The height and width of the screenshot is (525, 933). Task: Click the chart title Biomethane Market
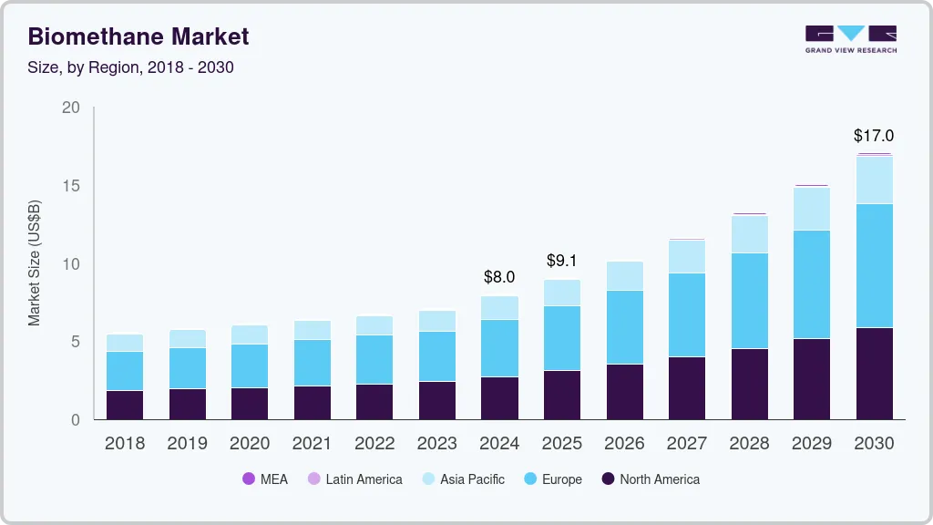pos(138,36)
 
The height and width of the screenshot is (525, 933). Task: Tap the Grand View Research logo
pos(851,38)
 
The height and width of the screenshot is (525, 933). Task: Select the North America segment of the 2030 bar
pos(874,374)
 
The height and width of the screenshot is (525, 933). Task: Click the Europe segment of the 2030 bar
pos(874,265)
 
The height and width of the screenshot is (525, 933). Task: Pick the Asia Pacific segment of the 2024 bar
pos(499,308)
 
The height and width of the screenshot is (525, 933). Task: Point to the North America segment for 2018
pos(125,405)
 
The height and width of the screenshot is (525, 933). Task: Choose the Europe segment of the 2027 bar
pos(686,314)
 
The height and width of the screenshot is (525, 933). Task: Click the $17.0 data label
pos(874,136)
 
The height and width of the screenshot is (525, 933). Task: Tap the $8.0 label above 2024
pos(499,277)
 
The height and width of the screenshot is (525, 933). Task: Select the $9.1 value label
pos(562,261)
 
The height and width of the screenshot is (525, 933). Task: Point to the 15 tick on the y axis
pos(71,186)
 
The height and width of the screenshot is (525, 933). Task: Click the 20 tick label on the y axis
pos(71,108)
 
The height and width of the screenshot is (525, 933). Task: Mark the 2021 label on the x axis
pos(313,444)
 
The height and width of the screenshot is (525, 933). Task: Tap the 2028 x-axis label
pos(749,444)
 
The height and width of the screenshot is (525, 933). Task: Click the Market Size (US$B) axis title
pos(35,262)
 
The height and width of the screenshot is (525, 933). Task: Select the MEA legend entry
pos(265,479)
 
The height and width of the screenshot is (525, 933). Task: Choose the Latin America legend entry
pos(355,479)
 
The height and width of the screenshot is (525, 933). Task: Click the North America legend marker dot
pos(608,479)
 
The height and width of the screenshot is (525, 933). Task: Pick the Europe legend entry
pos(553,479)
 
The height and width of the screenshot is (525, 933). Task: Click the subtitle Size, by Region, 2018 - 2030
pos(130,67)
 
